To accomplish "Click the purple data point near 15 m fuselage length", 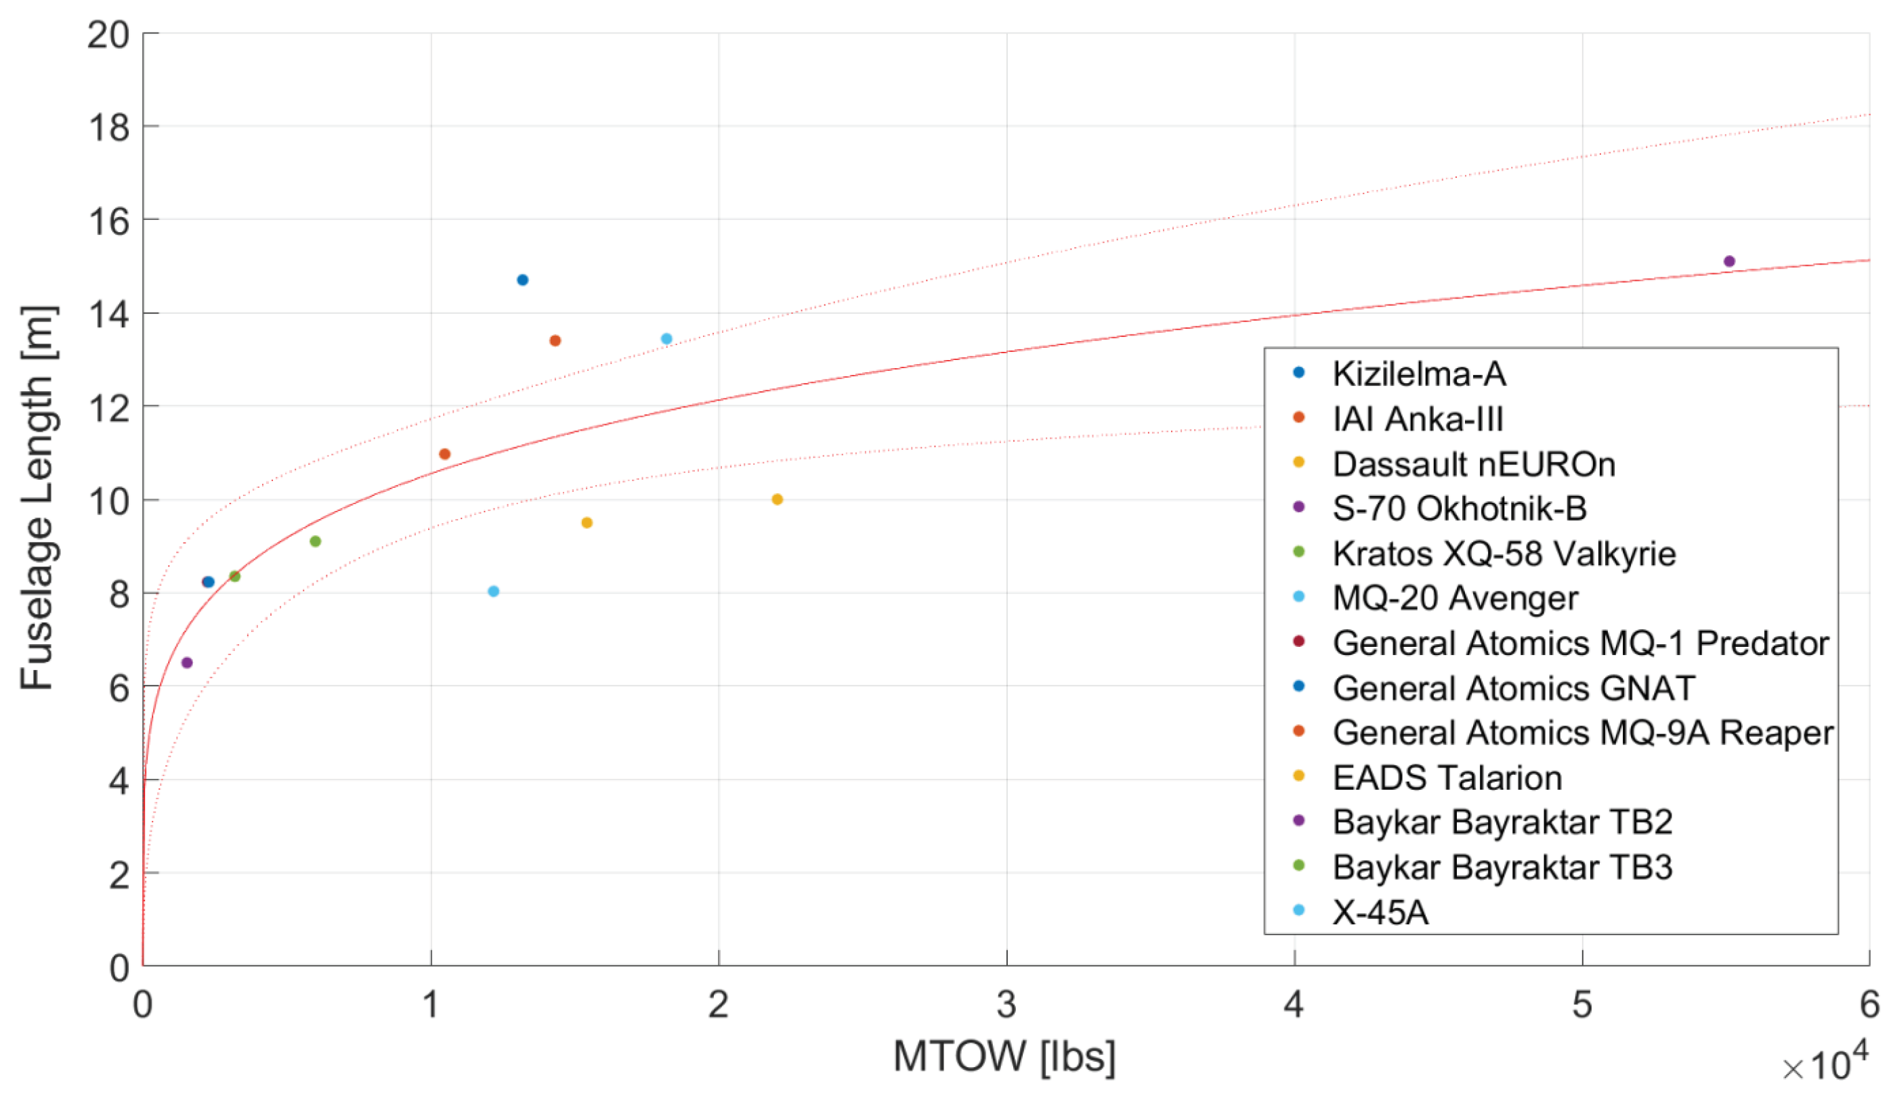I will [x=1730, y=261].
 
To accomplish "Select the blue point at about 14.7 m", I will [x=523, y=279].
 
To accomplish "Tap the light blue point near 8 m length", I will [x=494, y=591].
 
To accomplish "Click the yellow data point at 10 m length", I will [x=778, y=499].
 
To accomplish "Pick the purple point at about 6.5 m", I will [x=188, y=662].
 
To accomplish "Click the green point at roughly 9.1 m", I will [x=316, y=541].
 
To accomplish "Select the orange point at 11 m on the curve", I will [x=444, y=454].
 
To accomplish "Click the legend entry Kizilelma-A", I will [x=1418, y=374].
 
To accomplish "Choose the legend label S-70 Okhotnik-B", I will [x=1459, y=508].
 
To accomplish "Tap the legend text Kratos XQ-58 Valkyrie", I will [x=1504, y=554].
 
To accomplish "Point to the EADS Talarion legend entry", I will [x=1447, y=777].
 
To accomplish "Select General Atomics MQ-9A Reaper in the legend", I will [x=1582, y=733].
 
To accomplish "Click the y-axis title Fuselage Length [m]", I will [x=37, y=498].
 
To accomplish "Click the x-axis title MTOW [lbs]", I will [x=1004, y=1057].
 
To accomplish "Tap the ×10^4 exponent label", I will [x=1825, y=1064].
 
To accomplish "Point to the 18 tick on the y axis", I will [x=109, y=127].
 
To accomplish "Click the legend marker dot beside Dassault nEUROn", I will [x=1299, y=463].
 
